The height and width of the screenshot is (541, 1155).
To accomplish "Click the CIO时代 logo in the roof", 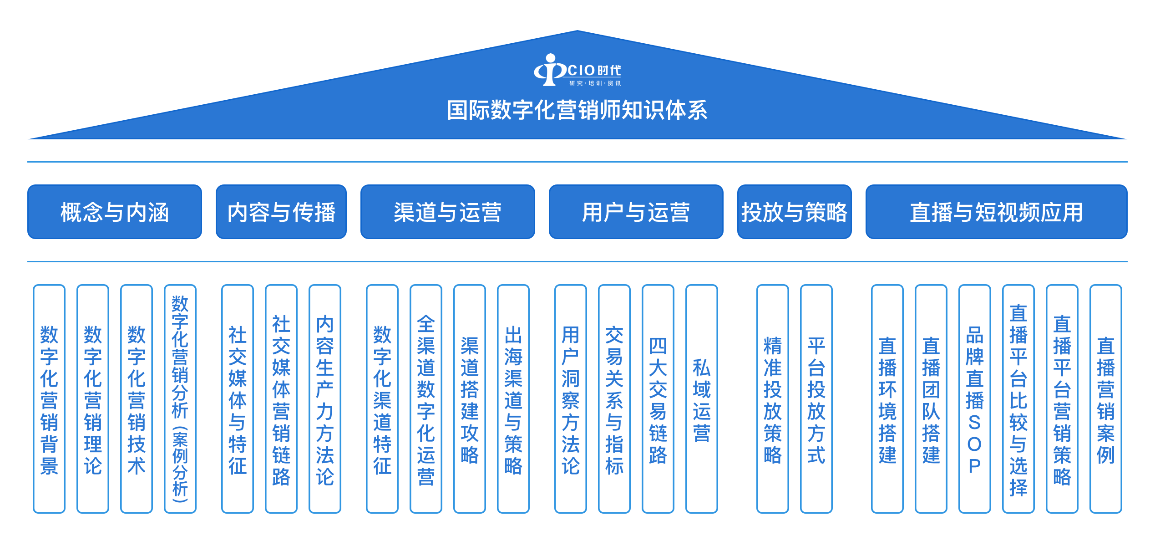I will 577,71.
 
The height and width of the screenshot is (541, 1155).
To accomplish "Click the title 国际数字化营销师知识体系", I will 577,111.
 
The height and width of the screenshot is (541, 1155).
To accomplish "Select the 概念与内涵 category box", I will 114,212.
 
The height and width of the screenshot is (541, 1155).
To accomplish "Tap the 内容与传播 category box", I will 281,212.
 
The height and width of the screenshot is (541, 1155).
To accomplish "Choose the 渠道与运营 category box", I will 447,212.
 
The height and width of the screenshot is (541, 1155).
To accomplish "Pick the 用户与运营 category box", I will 636,212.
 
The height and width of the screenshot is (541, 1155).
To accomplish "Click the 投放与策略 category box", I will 794,212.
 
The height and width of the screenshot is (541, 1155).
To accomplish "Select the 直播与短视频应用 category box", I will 996,212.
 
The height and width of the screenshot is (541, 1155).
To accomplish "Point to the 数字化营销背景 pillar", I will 49,399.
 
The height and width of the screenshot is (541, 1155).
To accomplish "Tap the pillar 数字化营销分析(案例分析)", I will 180,399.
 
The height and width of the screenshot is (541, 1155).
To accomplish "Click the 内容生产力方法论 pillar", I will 325,399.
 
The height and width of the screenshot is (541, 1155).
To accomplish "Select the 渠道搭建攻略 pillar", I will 470,399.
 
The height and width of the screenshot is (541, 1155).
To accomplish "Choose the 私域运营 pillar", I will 702,399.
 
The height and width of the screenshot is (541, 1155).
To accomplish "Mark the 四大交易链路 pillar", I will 658,399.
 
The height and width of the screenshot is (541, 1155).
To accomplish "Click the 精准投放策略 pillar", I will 773,399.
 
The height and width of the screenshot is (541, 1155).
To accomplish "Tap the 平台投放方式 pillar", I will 816,399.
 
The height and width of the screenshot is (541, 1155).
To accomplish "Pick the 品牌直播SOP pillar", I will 975,399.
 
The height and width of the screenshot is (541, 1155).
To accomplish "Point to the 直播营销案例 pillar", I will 1106,399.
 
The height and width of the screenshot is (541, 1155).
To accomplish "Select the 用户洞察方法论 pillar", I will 571,399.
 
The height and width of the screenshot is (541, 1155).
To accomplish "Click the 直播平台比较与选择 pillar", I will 1018,399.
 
